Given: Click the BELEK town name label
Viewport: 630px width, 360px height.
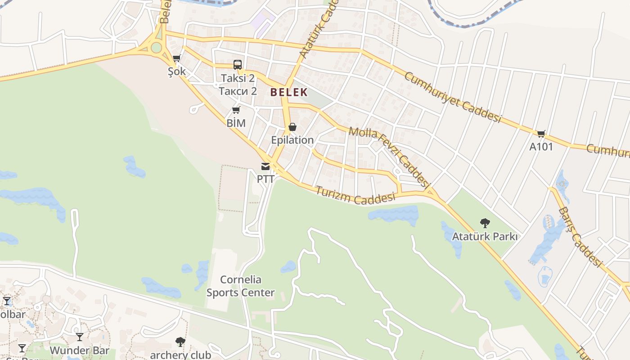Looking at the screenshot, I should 289,92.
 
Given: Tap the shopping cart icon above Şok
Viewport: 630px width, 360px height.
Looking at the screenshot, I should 176,58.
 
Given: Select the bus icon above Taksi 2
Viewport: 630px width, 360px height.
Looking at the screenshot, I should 238,64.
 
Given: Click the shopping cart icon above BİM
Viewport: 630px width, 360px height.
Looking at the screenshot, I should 236,110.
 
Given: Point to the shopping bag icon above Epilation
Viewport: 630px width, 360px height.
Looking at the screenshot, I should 292,127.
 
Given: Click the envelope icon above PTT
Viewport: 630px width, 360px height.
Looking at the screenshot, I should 265,166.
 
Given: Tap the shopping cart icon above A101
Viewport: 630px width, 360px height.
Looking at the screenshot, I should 541,134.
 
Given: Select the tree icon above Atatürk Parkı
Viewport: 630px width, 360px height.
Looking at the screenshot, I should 485,223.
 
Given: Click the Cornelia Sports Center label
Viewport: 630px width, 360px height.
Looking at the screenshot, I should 240,286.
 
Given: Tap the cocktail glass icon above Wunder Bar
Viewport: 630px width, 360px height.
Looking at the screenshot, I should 80,337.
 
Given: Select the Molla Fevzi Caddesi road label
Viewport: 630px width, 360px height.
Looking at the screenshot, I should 390,157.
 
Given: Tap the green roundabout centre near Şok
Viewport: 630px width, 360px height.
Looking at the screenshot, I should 156,47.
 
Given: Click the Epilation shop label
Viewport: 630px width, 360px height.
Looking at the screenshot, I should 292,140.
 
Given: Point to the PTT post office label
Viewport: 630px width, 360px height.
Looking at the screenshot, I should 265,179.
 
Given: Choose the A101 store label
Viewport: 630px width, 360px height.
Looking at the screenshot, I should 541,147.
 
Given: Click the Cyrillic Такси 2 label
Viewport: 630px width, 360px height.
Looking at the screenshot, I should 238,91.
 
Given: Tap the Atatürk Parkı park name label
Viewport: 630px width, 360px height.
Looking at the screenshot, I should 485,236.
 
